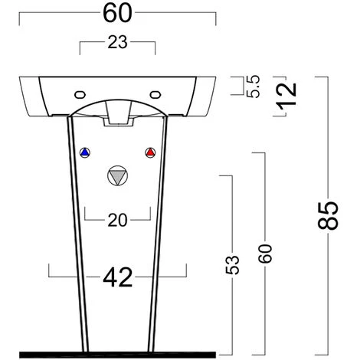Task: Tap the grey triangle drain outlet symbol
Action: pos(117,175)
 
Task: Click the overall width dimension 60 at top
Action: pos(117,13)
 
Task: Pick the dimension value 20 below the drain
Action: pos(117,221)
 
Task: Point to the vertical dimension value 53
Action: pos(233,263)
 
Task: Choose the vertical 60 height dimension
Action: pos(265,253)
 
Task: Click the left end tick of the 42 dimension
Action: pos(49,271)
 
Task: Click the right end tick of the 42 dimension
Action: pos(186,271)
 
